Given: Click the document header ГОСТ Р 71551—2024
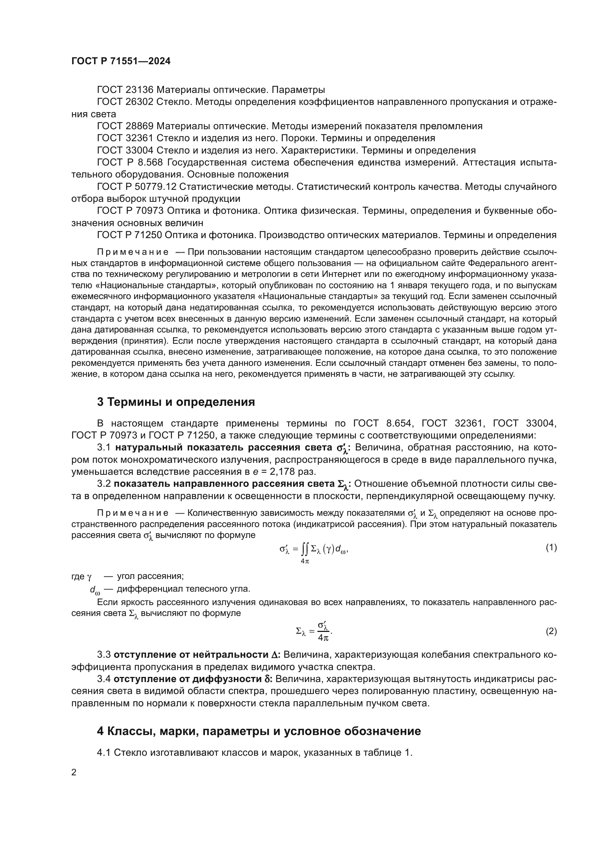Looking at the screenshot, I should point(121,61).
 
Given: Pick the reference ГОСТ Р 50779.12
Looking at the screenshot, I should point(136,187).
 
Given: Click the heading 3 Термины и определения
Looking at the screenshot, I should point(176,402).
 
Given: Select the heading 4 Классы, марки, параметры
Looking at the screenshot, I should point(259,731).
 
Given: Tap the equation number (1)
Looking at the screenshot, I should point(551,548).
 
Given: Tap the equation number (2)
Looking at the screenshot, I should point(551,632).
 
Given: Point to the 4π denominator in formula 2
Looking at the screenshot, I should point(323,638).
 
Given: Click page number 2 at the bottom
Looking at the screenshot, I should point(74,772).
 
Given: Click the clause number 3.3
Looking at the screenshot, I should point(104,655).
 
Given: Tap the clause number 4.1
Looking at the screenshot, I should point(104,752).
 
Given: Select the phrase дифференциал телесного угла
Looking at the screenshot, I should point(183,589).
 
